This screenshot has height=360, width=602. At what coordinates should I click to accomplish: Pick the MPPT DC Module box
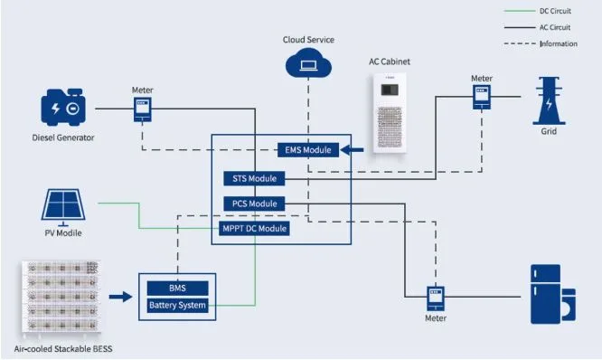(x=255, y=229)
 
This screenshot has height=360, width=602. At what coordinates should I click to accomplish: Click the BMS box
(x=177, y=288)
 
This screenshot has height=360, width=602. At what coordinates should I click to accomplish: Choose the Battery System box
(x=177, y=306)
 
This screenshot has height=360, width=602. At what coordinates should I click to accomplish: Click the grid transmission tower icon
(x=549, y=100)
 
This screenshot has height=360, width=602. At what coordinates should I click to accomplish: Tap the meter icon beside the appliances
(x=437, y=296)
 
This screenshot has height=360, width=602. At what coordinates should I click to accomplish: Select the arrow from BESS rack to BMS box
(x=119, y=296)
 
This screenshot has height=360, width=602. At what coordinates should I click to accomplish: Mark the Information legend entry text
(x=559, y=43)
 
